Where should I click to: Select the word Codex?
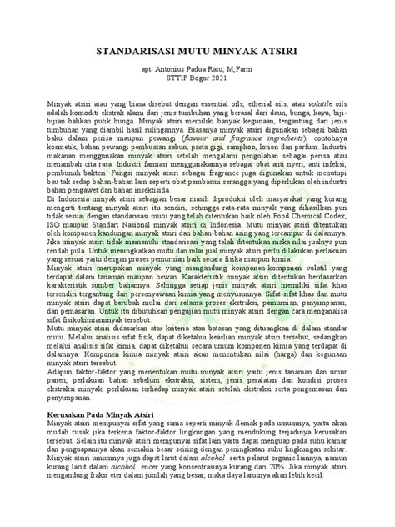pos(339,235)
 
